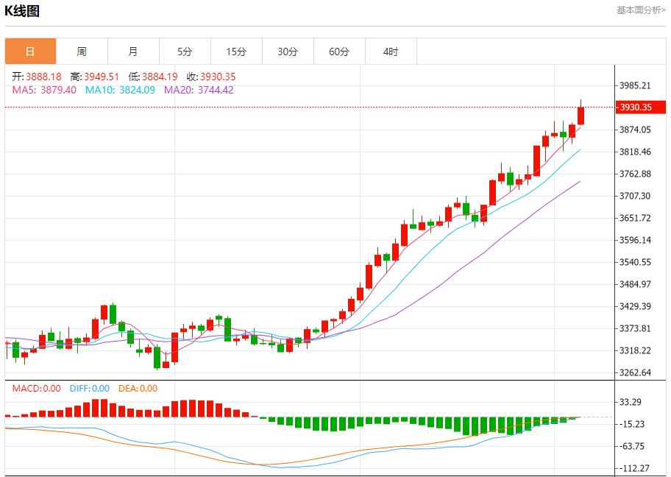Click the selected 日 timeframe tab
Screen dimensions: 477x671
30,52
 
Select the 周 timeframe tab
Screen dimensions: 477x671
82,52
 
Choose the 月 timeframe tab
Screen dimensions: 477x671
133,52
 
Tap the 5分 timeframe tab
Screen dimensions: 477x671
185,52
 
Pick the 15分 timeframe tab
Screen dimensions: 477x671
236,52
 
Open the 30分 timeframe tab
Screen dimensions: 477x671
288,52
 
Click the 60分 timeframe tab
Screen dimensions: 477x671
339,52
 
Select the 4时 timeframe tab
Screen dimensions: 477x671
391,52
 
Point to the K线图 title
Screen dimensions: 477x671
22,11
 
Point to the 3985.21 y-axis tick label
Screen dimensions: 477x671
635,85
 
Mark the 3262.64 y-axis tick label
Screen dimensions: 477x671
635,372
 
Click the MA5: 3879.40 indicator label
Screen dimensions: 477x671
44,90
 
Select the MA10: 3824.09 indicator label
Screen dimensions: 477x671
120,90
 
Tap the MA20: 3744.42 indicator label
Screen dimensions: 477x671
199,90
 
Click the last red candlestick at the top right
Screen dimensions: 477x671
581,116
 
